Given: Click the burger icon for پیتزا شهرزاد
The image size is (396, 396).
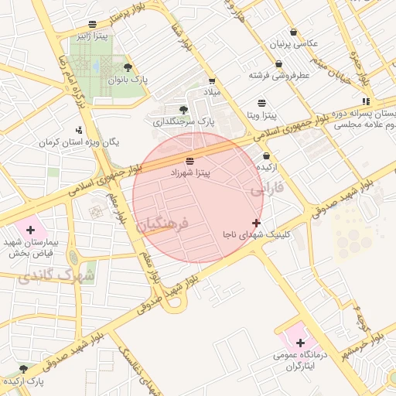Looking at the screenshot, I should click(190, 160).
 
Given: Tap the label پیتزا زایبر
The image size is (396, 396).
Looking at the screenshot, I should click(91, 36).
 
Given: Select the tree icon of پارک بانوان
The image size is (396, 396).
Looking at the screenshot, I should click(128, 67).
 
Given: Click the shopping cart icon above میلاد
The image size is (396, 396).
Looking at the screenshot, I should click(211, 80).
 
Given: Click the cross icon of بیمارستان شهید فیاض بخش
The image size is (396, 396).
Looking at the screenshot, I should click(30, 230).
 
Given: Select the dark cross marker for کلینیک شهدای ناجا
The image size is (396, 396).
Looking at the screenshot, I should click(257, 223).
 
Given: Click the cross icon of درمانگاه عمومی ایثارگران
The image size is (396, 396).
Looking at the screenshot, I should click(300, 343).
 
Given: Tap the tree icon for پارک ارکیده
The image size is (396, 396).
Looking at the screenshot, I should click(22, 369).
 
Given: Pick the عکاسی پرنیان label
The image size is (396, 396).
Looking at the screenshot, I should click(293, 44).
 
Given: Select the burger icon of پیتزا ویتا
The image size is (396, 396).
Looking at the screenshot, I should click(261, 103).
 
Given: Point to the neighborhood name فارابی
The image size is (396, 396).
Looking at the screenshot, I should click(268, 187).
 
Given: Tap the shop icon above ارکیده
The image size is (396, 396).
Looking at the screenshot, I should click(265, 155).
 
